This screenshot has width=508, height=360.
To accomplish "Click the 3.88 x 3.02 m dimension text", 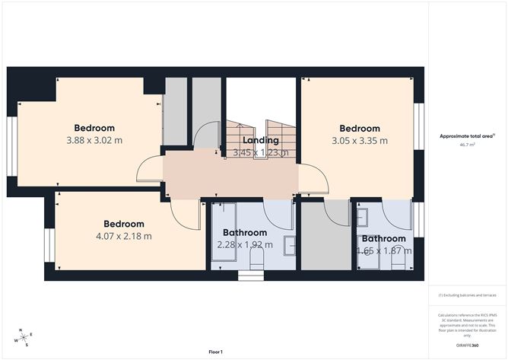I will click(94, 140).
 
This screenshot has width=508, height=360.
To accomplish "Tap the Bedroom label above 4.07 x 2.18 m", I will click(124, 224).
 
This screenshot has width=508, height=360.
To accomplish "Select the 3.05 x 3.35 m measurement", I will click(359, 141).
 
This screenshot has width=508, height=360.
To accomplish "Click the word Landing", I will click(260, 140).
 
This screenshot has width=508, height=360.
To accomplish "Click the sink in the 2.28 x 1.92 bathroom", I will click(290, 245).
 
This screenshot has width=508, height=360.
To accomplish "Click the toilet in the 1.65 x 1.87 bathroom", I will click(396, 261).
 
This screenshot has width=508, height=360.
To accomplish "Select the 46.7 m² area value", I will click(467, 144).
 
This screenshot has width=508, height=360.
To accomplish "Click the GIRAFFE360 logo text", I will click(467, 345).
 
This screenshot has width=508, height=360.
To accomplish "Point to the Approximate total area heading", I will click(466, 135).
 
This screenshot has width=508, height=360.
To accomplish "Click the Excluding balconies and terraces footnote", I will click(466, 295).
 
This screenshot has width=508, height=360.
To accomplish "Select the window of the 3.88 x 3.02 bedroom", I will click(11, 146).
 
